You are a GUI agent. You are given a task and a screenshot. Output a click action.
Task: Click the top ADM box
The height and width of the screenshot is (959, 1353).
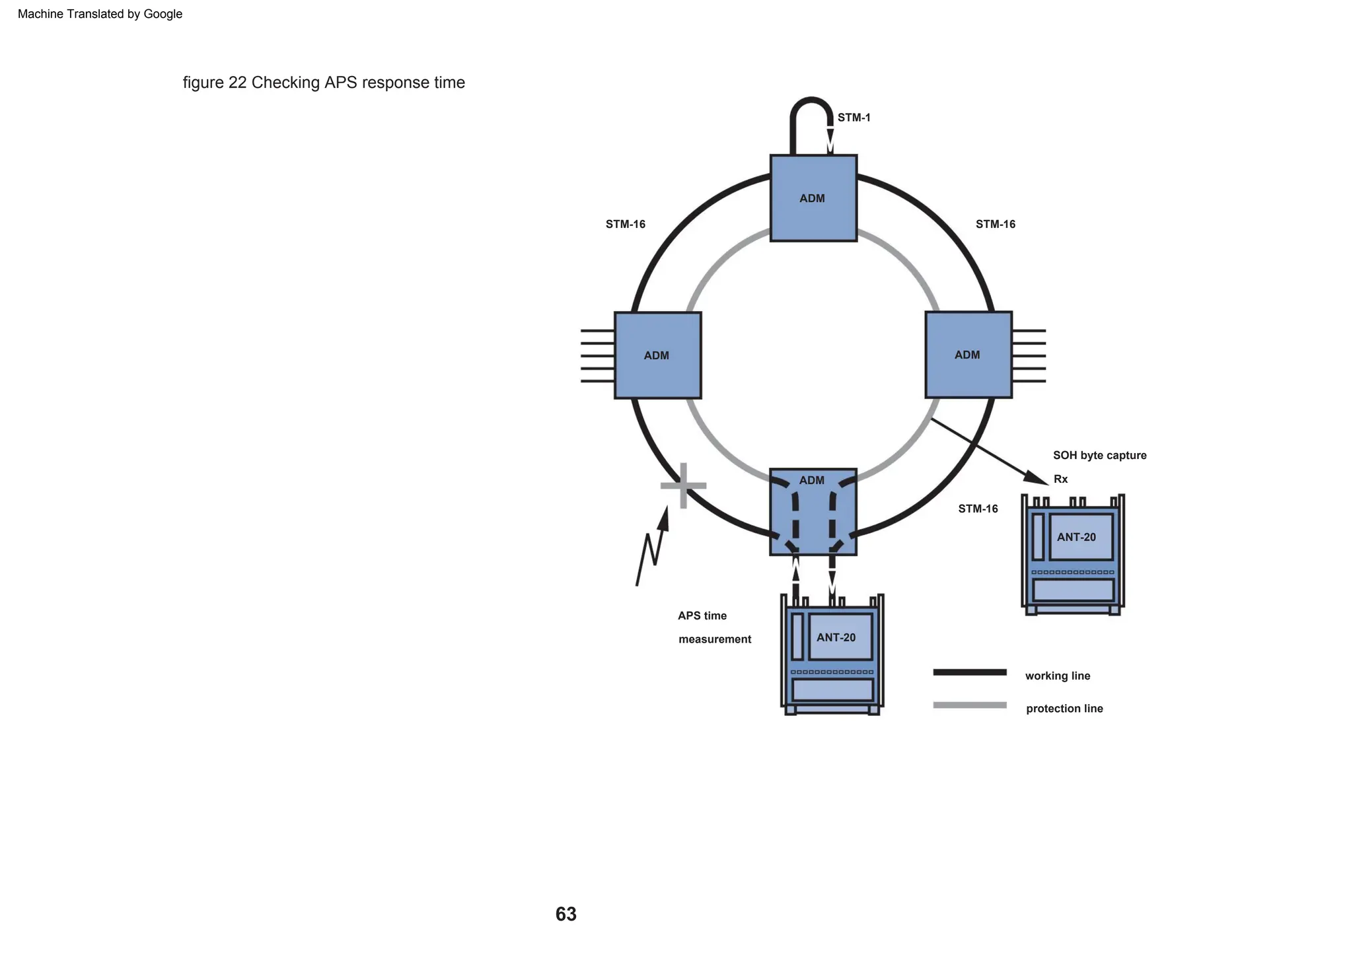(x=813, y=198)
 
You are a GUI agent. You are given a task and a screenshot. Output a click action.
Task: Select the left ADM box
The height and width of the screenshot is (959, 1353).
(x=657, y=355)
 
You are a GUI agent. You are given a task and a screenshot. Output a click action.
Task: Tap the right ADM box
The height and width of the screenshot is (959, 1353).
(x=969, y=355)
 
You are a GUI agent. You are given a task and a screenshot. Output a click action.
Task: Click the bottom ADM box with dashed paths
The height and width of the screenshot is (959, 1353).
(x=813, y=512)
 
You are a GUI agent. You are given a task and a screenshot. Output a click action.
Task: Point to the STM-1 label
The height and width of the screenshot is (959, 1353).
(x=854, y=118)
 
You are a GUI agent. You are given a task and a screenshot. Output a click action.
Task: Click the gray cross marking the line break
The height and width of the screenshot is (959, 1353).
(x=683, y=485)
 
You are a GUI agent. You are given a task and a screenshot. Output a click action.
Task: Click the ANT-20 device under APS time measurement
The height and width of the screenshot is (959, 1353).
(x=832, y=654)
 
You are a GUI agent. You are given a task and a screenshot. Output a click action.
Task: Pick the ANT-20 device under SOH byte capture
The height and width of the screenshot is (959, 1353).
(x=1073, y=555)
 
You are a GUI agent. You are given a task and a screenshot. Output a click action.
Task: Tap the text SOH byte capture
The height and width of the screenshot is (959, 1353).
(x=1099, y=455)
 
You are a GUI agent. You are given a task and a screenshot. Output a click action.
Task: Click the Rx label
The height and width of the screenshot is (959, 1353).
(x=1060, y=479)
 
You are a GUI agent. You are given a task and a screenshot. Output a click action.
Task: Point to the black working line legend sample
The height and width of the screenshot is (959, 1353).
(x=969, y=672)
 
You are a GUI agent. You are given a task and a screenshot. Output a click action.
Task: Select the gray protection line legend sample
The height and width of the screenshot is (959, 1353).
(x=969, y=705)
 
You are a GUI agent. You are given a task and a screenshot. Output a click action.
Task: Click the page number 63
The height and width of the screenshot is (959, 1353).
(x=566, y=914)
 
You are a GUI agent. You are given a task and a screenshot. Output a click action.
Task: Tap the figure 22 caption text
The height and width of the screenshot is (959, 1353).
(x=324, y=83)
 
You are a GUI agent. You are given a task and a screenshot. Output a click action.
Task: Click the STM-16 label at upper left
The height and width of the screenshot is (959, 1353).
(x=625, y=224)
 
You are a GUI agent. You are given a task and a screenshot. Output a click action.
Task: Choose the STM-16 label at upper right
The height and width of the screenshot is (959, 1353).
(x=995, y=224)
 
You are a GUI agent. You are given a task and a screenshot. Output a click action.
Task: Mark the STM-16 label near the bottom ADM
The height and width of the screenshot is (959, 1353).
(x=978, y=509)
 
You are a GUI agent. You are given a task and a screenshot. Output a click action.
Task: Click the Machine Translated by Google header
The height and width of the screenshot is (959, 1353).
(x=100, y=14)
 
